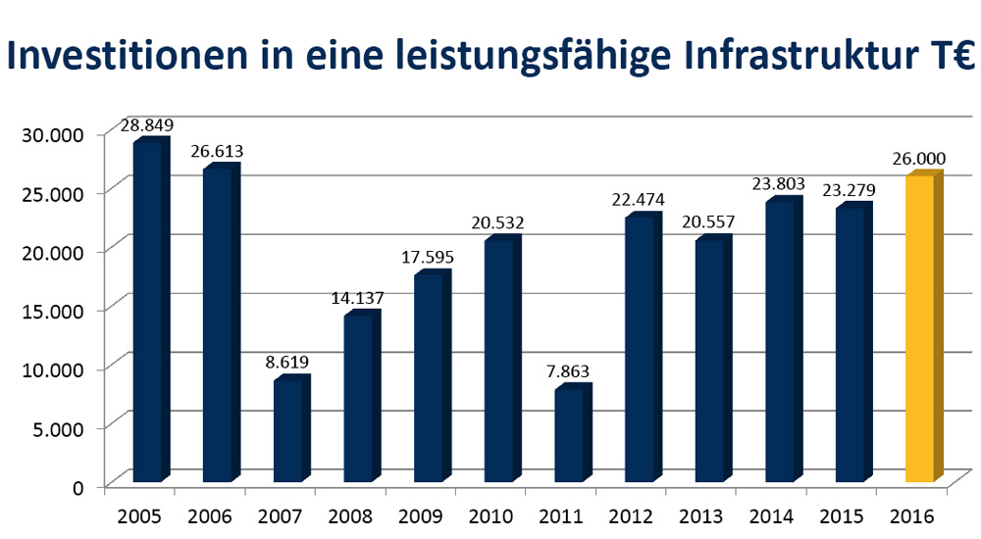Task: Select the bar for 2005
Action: [x=147, y=314]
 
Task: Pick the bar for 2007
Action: [x=287, y=431]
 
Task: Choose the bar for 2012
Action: [x=639, y=351]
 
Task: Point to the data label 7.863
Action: [x=568, y=371]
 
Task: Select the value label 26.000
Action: [x=918, y=159]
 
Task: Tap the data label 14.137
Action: [x=358, y=298]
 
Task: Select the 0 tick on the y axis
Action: [x=78, y=485]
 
